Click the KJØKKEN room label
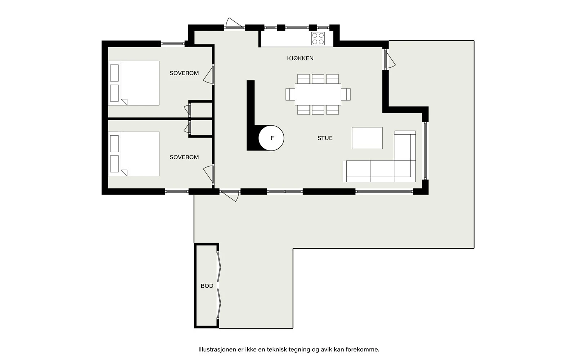point(300,58)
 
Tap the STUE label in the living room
point(325,138)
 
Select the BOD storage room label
point(207,286)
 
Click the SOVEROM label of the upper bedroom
point(184,73)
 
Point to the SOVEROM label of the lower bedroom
point(184,157)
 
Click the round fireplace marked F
point(272,138)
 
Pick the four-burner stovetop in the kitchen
point(318,39)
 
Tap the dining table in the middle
point(318,94)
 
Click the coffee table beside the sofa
point(367,138)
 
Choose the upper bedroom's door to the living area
point(209,75)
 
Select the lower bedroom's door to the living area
point(209,174)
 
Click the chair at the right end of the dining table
point(346,94)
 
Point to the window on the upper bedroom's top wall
point(172,44)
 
